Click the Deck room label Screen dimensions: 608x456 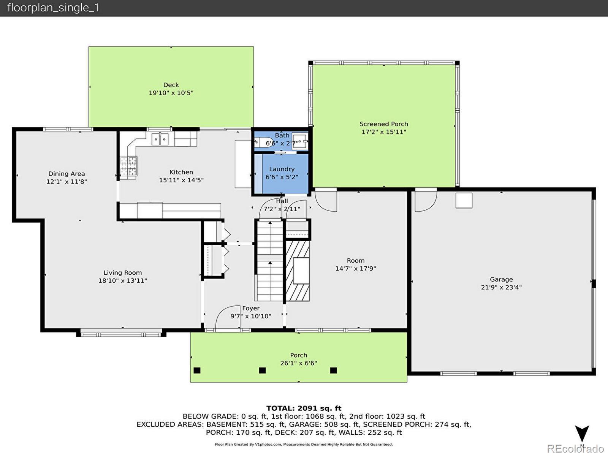171,85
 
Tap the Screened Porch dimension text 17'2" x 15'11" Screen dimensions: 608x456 384,132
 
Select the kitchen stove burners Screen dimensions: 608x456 129,166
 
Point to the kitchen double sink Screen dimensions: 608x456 160,139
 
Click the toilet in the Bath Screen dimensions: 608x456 263,142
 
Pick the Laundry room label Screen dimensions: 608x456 282,169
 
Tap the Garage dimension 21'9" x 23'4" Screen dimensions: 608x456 501,287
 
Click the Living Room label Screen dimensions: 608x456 123,273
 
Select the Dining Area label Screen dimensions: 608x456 66,174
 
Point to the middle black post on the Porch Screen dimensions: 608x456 262,370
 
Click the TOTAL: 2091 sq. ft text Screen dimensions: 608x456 304,408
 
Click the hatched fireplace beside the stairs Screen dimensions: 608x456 298,271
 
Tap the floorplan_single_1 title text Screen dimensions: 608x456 53,8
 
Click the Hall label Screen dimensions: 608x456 282,201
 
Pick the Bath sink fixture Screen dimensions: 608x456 300,141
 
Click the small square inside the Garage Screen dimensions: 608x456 464,200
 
